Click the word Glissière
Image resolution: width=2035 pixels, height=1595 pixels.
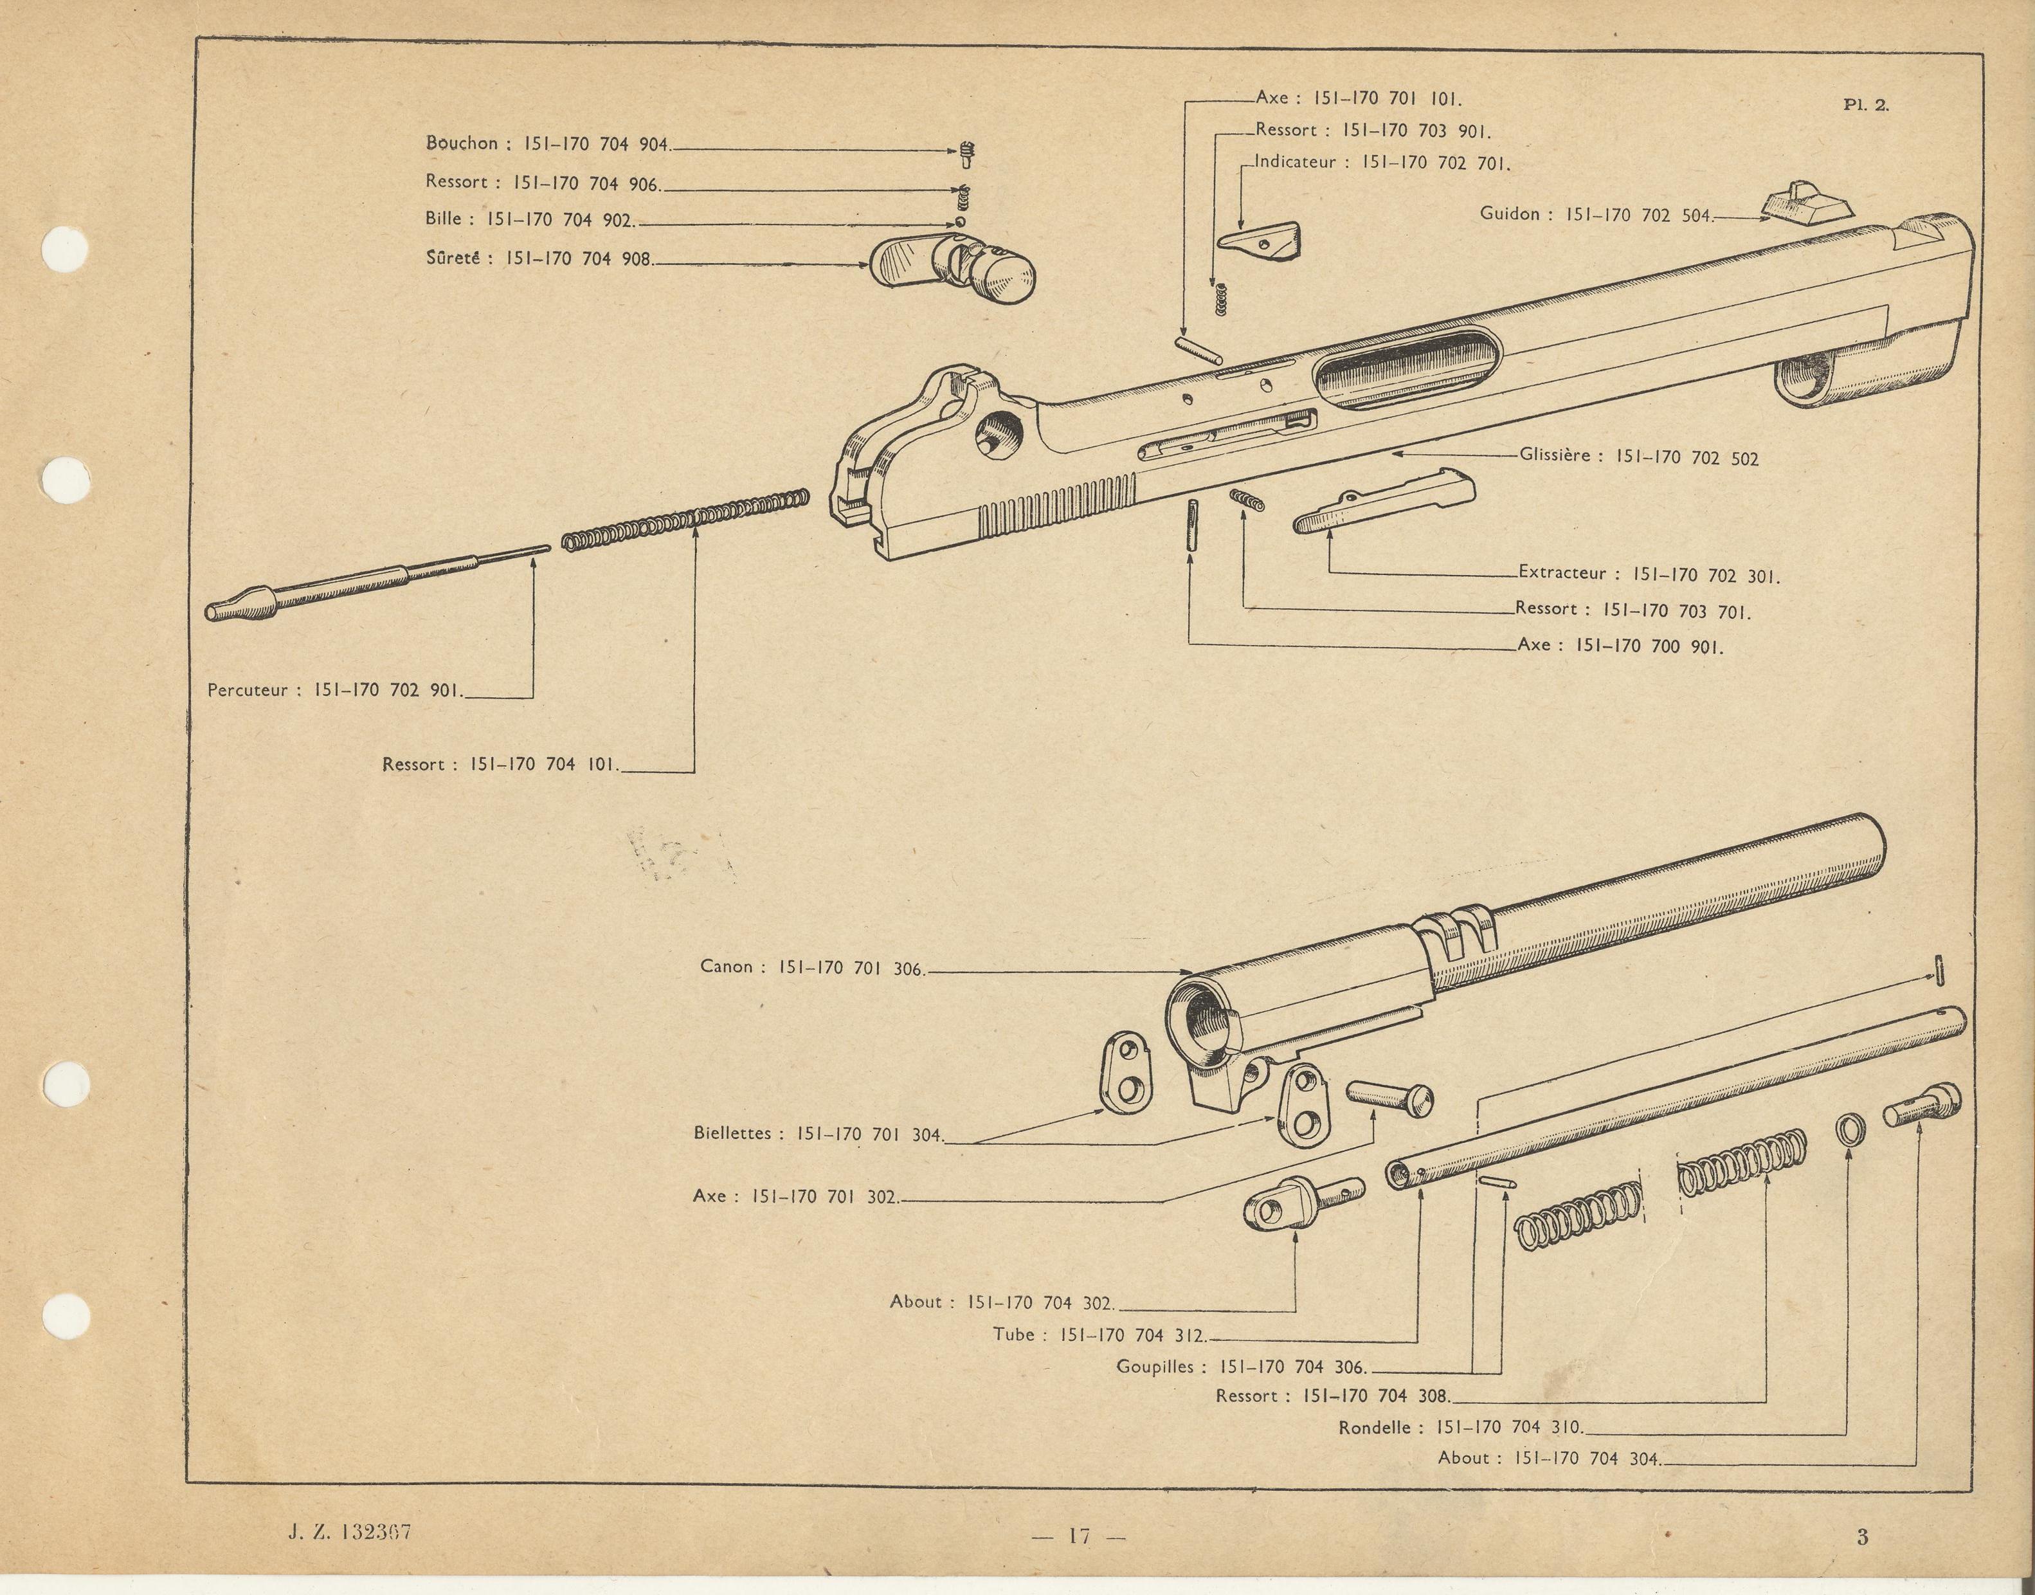pyautogui.click(x=1553, y=456)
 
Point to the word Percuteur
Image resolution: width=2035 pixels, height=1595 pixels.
pyautogui.click(x=248, y=691)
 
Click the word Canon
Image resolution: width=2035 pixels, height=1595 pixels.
pyautogui.click(x=725, y=967)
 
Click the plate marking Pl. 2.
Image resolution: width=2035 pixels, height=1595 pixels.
pyautogui.click(x=1865, y=105)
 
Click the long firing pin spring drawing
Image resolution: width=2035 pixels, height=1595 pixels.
pyautogui.click(x=686, y=525)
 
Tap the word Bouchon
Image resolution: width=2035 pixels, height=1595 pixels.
pyautogui.click(x=461, y=143)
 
